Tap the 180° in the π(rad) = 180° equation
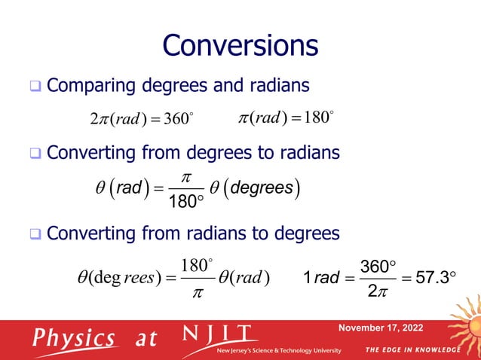[x=316, y=119]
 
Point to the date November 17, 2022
[x=381, y=328]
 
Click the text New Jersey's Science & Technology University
[x=280, y=351]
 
